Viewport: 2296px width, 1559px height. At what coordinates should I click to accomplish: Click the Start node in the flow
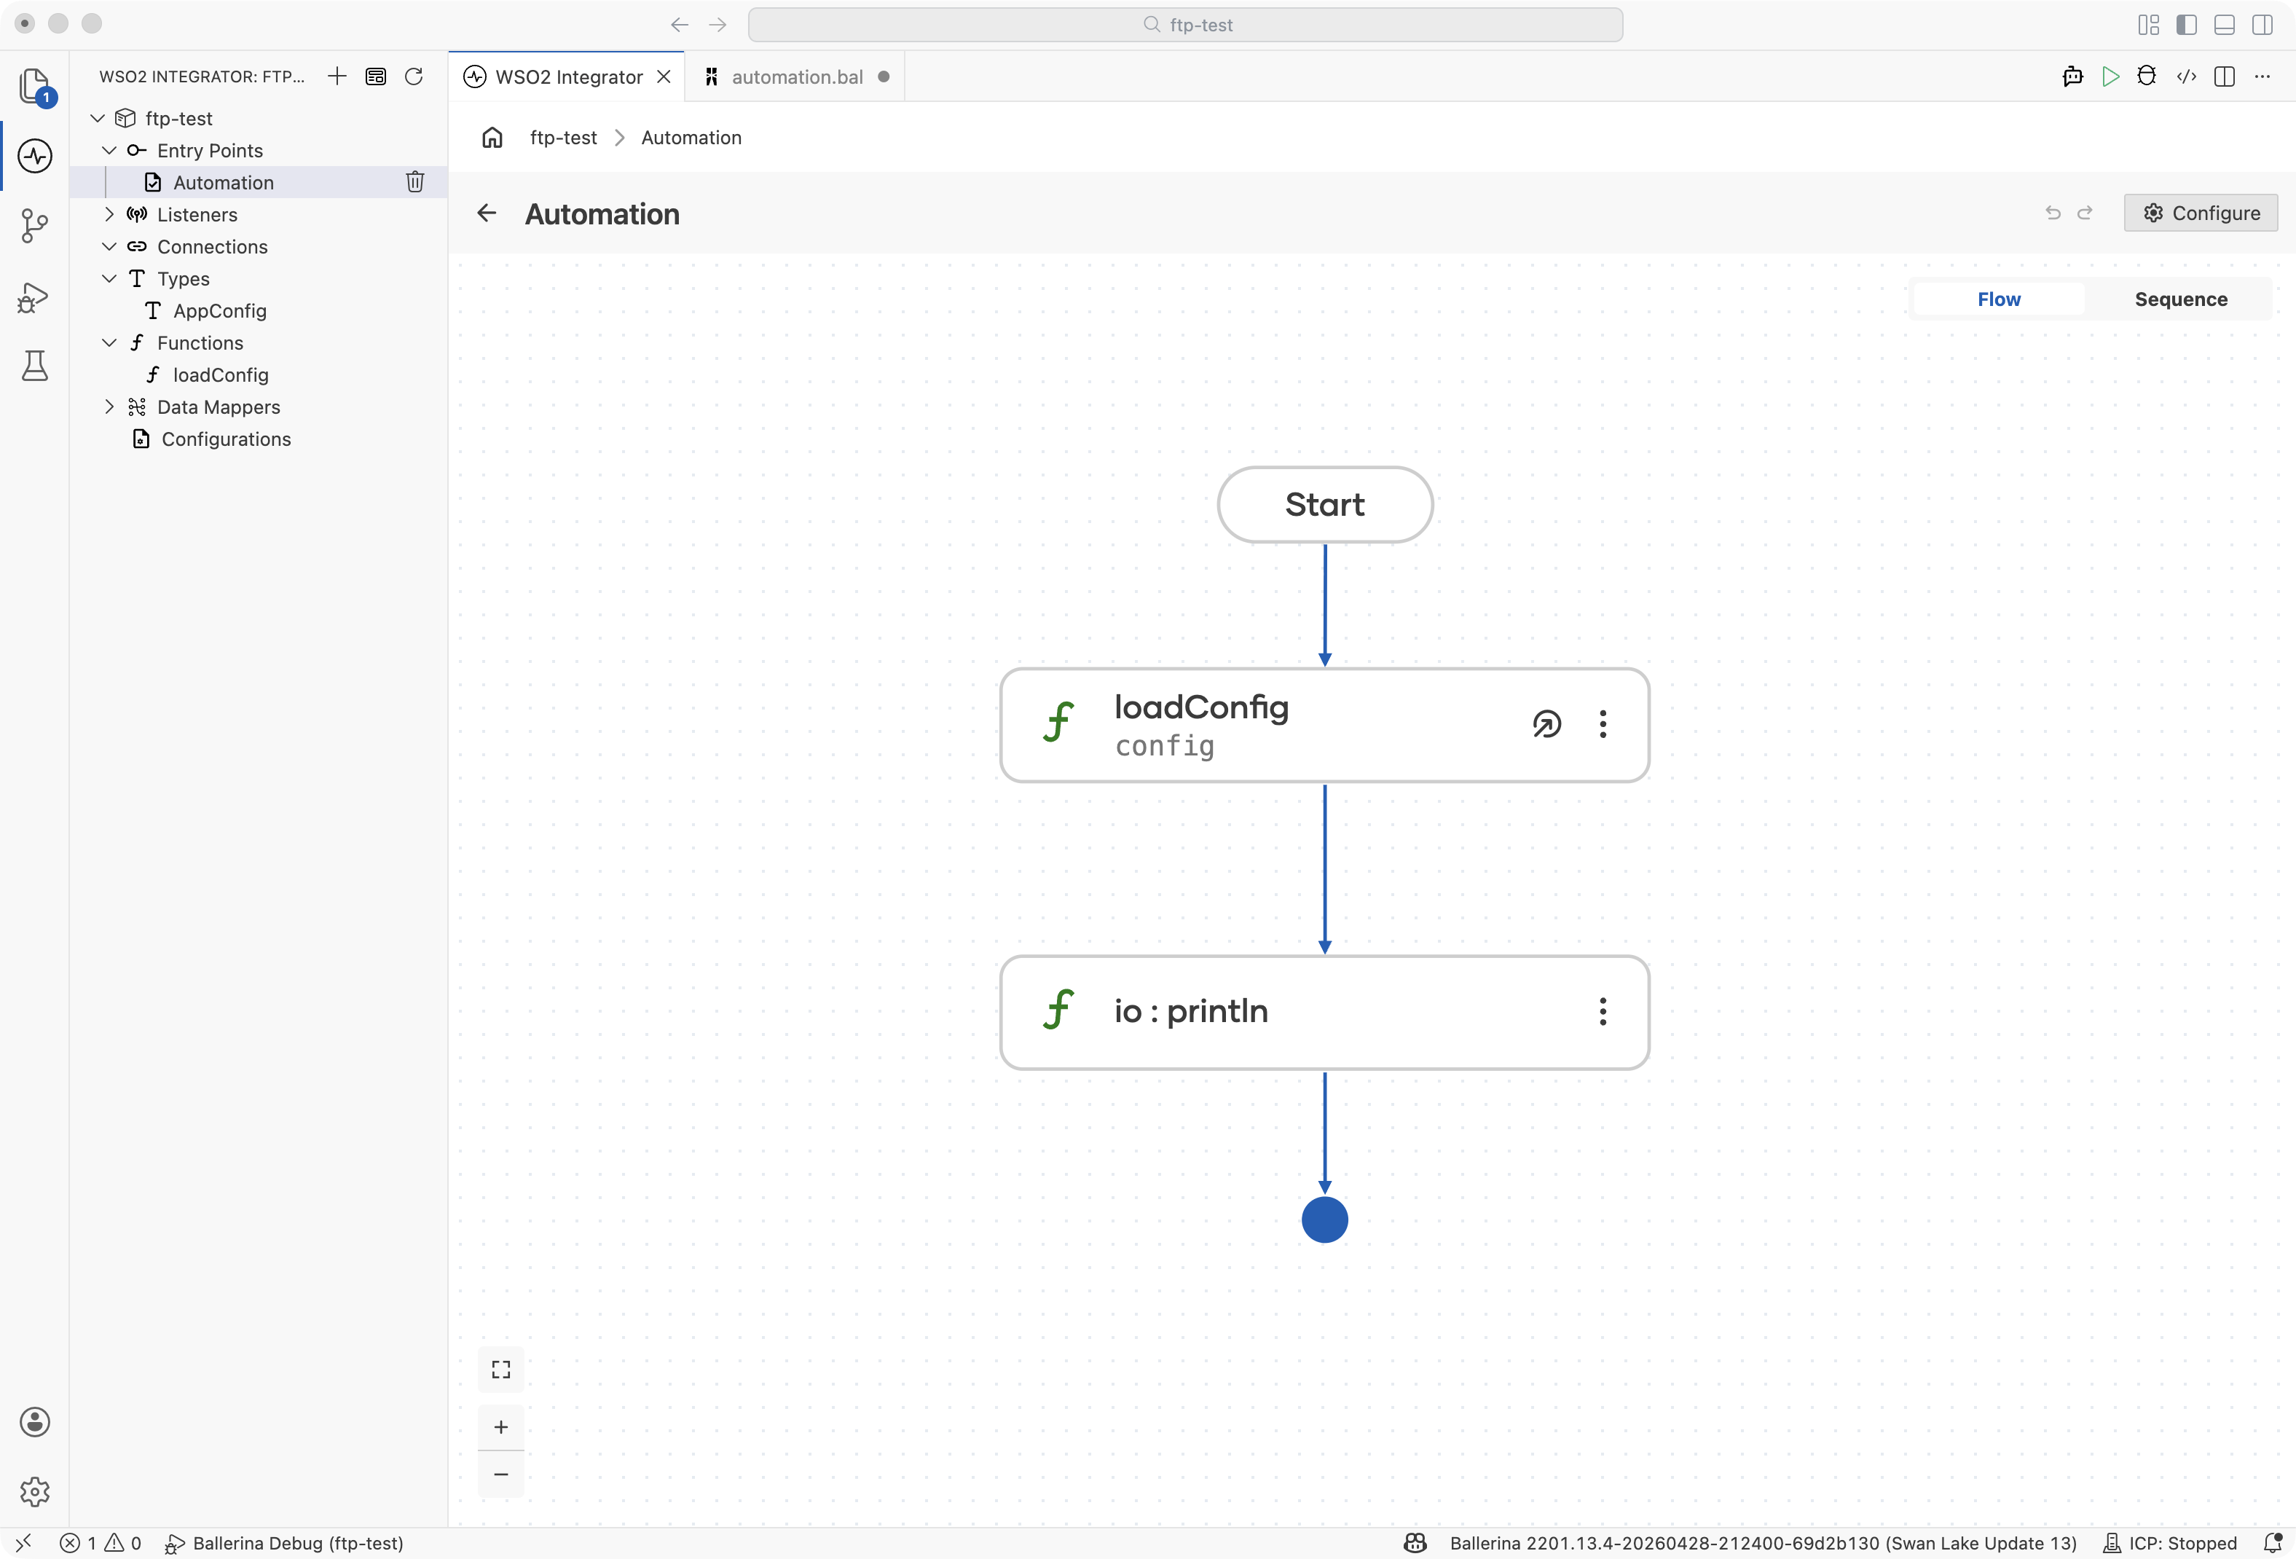pos(1325,505)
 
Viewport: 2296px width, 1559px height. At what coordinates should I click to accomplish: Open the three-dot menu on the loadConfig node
pos(1603,724)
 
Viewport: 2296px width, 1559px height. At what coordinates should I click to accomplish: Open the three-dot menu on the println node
pos(1603,1010)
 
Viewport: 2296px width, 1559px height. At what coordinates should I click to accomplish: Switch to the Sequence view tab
pos(2180,299)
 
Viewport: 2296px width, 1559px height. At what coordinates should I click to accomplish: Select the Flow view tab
pos(1999,299)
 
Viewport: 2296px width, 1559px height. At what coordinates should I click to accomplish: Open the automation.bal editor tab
pos(796,77)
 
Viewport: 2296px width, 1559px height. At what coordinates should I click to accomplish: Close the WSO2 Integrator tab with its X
pos(664,77)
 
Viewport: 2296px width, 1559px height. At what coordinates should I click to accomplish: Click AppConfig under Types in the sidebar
pos(219,311)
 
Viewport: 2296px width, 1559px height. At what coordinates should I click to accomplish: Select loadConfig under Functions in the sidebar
pos(220,375)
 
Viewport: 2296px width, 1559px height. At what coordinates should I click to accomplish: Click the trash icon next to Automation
pos(415,182)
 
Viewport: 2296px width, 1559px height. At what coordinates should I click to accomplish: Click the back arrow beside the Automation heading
pos(487,213)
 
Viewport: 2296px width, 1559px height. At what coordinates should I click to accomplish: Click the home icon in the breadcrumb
pos(492,138)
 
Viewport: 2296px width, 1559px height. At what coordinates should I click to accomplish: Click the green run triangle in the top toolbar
pos(2110,77)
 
